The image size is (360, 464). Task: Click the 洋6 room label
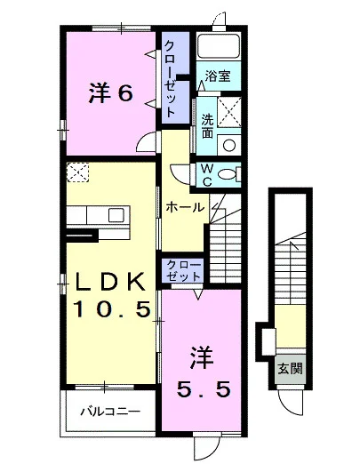point(110,94)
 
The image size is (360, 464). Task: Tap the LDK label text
point(110,282)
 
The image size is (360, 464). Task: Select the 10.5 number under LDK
point(112,308)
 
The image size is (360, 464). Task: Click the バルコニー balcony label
point(110,412)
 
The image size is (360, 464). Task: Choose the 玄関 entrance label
point(290,369)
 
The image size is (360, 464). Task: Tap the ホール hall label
point(185,207)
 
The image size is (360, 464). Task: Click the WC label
point(207,175)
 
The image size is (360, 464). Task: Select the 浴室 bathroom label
point(218,76)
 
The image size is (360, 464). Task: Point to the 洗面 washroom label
point(207,126)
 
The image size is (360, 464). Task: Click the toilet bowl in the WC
point(228,174)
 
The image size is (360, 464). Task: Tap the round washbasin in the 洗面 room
point(229,145)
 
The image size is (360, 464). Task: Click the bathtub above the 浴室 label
point(219,45)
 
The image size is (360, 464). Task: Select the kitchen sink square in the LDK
point(116,215)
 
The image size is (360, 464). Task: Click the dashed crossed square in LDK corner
point(77,172)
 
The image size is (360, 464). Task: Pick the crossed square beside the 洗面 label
point(229,112)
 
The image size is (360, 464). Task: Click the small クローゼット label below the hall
point(183,270)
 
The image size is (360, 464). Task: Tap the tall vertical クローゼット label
point(171,78)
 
